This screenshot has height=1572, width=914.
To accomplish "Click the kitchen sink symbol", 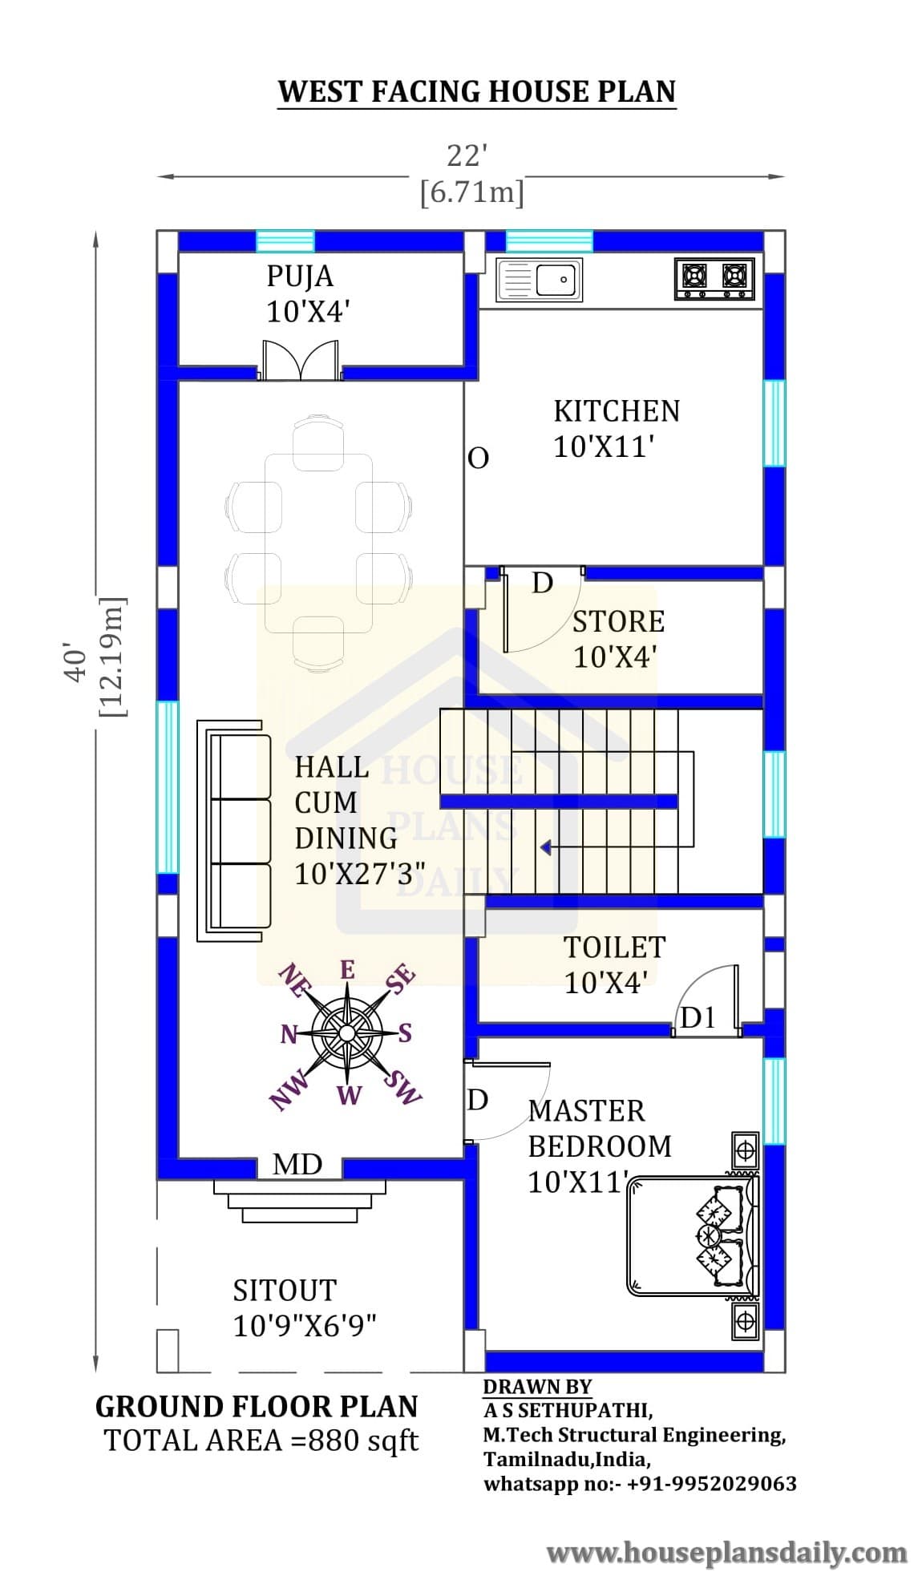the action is coord(539,280).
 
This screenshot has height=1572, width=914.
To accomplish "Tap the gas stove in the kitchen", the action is coord(715,278).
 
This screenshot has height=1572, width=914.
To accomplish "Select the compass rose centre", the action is coord(348,1032).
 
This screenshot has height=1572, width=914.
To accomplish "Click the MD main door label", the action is coord(297,1164).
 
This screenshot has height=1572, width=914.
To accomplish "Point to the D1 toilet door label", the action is coord(698,1018).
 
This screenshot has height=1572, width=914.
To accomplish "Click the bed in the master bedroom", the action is coord(692,1235).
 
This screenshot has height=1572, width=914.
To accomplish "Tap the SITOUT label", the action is coord(285,1290).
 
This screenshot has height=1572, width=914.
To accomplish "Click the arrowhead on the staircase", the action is coord(545,847).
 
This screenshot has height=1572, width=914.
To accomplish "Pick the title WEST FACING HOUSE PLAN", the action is coord(477,91).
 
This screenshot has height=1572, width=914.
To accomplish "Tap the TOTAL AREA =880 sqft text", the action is coord(261,1441).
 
